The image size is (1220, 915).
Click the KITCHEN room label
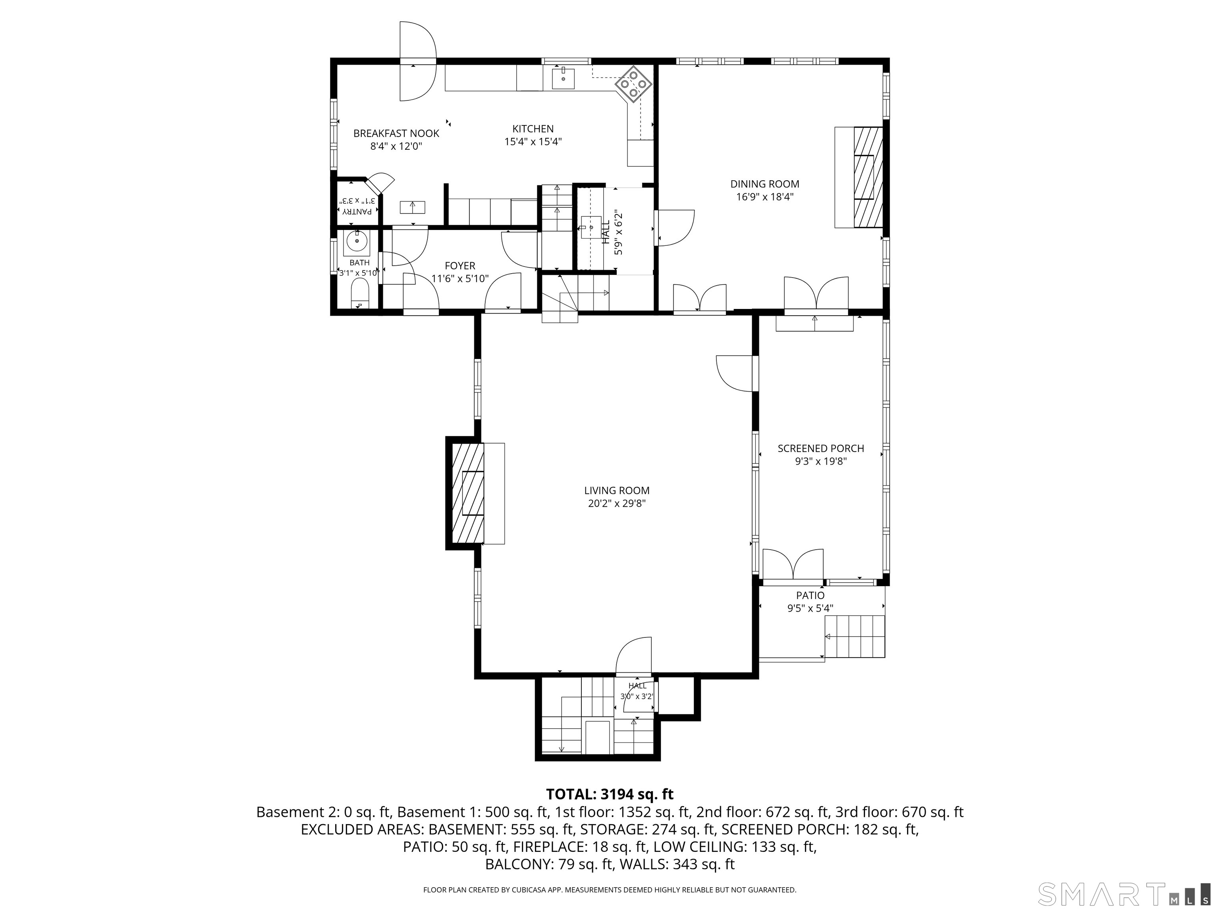click(x=533, y=129)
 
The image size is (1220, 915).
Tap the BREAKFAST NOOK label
click(x=396, y=133)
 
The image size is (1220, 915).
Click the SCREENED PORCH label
click(x=821, y=448)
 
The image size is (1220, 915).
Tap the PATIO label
click(x=810, y=595)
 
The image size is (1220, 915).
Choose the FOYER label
click(x=460, y=266)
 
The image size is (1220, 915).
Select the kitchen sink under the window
click(x=563, y=78)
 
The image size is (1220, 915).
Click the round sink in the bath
click(x=357, y=241)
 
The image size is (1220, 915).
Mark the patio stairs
click(x=855, y=637)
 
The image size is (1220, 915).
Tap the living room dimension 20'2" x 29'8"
click(x=617, y=503)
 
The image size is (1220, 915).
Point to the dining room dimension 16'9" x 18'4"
click(x=764, y=197)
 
